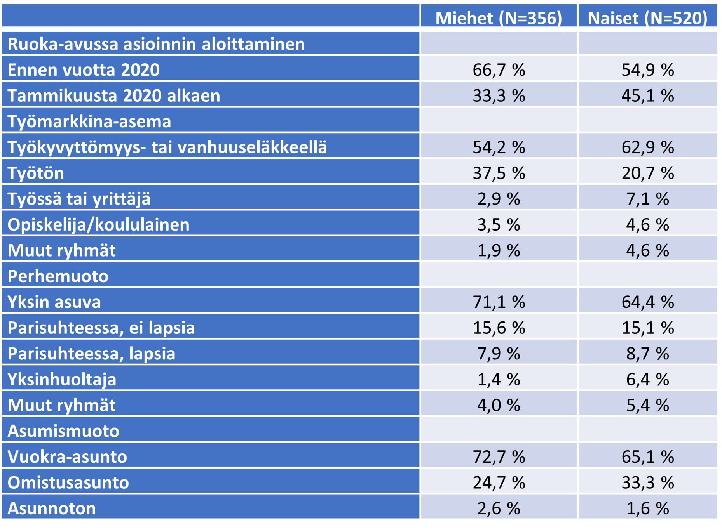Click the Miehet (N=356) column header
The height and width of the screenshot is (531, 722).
pyautogui.click(x=499, y=18)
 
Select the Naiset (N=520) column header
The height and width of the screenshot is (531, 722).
pyautogui.click(x=647, y=18)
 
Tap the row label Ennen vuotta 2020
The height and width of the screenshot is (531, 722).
pyautogui.click(x=84, y=70)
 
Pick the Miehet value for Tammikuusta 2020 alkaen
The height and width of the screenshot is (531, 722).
pyautogui.click(x=499, y=95)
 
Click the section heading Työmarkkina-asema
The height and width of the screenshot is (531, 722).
pyautogui.click(x=89, y=121)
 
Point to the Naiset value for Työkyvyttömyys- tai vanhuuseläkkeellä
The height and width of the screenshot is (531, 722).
pyautogui.click(x=647, y=147)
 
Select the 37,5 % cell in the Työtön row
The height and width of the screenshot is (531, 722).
pyautogui.click(x=499, y=173)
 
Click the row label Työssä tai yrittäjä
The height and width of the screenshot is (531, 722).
pyautogui.click(x=79, y=199)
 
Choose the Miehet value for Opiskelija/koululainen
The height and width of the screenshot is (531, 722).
pyautogui.click(x=499, y=225)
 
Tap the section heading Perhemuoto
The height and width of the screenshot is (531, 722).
pyautogui.click(x=58, y=276)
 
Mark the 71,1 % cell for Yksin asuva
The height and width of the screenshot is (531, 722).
pyautogui.click(x=499, y=302)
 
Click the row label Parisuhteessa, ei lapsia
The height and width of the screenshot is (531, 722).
pyautogui.click(x=101, y=328)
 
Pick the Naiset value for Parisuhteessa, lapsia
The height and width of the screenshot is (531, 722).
pyautogui.click(x=647, y=354)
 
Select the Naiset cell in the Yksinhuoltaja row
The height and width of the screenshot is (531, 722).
pyautogui.click(x=647, y=379)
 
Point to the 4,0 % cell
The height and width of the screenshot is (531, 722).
pyautogui.click(x=499, y=405)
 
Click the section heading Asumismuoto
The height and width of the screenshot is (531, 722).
pyautogui.click(x=63, y=431)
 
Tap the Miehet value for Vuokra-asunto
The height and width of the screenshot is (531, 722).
pyautogui.click(x=499, y=457)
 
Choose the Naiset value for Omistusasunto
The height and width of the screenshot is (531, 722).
pyautogui.click(x=647, y=482)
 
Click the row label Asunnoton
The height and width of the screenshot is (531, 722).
pyautogui.click(x=52, y=508)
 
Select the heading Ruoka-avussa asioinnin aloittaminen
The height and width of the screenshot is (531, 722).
pyautogui.click(x=156, y=44)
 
